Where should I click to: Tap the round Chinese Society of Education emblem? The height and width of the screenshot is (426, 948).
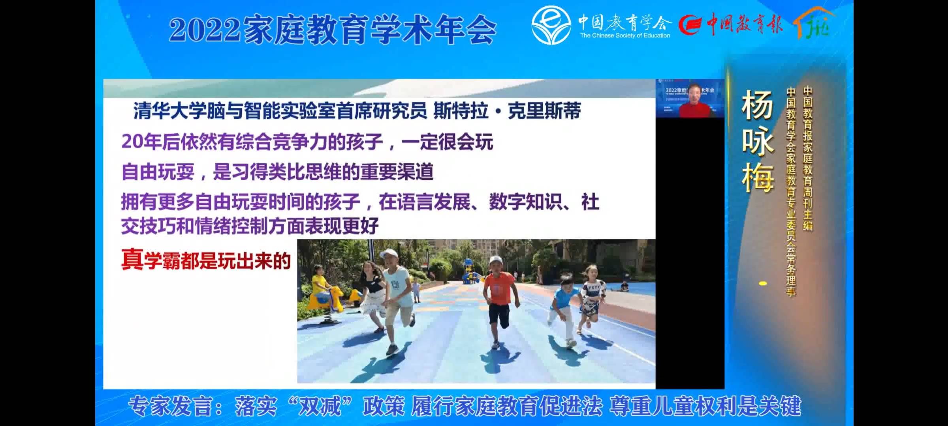pos(551,24)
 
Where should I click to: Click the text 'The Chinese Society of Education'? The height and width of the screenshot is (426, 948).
pos(625,35)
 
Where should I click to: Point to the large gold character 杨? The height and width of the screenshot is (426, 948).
pos(757,105)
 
